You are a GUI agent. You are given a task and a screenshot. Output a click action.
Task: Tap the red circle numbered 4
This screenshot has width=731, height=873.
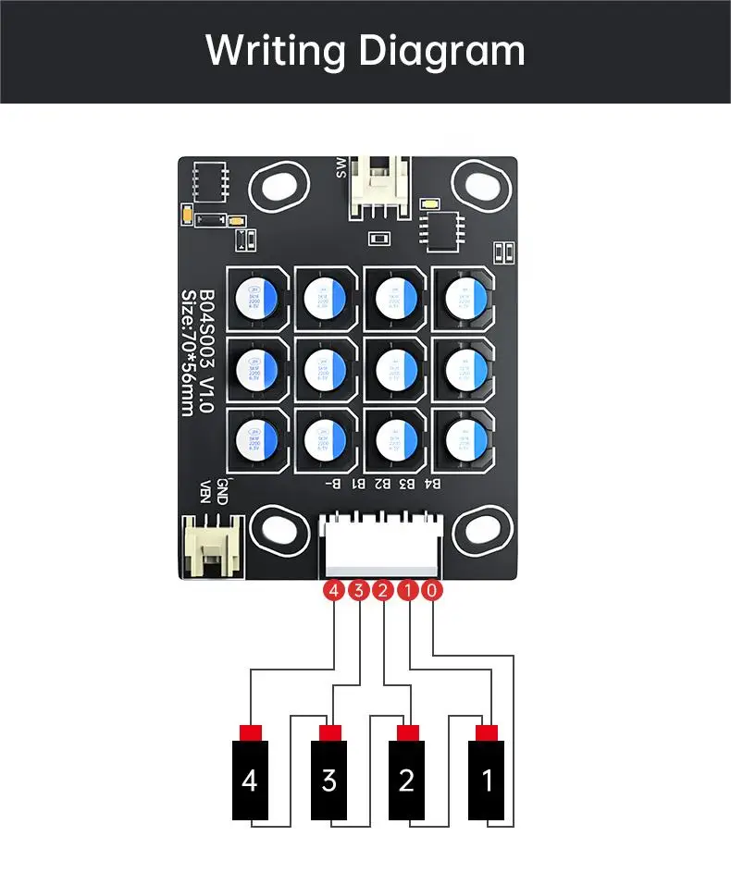pyautogui.click(x=333, y=590)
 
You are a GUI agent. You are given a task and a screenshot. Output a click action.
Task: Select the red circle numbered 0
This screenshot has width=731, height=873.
pyautogui.click(x=432, y=590)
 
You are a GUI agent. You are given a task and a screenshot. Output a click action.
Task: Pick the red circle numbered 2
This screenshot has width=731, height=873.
pyautogui.click(x=382, y=590)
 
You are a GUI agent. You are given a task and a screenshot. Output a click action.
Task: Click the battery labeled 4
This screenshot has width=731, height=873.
pyautogui.click(x=250, y=780)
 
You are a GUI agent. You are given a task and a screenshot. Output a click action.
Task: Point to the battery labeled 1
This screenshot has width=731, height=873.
pyautogui.click(x=487, y=780)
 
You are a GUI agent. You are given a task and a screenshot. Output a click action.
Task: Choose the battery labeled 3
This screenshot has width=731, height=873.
pyautogui.click(x=328, y=780)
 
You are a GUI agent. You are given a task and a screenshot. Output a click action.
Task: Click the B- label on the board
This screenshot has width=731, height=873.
pyautogui.click(x=334, y=483)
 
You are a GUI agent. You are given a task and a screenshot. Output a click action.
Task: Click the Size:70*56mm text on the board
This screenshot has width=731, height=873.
pyautogui.click(x=188, y=351)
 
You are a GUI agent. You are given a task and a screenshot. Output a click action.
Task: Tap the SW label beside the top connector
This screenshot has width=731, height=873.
pyautogui.click(x=341, y=167)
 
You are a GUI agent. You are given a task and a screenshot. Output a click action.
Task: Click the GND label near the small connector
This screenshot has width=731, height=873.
pyautogui.click(x=222, y=489)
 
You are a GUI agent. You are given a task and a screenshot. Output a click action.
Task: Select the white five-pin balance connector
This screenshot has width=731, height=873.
pyautogui.click(x=379, y=546)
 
